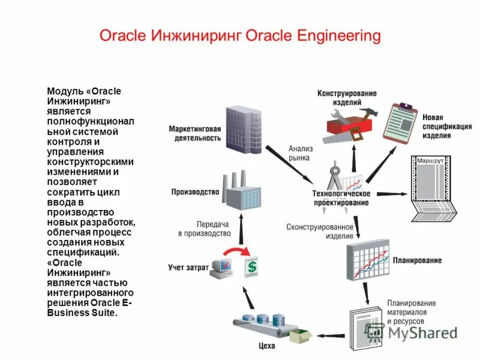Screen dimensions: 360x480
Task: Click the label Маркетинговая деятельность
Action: (194, 133)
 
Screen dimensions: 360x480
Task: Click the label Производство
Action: (195, 192)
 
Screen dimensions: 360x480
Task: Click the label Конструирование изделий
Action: (347, 98)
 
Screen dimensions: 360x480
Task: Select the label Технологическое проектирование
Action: (341, 198)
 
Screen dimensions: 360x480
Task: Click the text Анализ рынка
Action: (299, 153)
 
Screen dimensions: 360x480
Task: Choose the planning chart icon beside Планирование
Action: (367, 260)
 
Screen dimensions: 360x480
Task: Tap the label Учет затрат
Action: (188, 267)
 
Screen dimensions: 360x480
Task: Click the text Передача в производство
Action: (204, 228)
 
